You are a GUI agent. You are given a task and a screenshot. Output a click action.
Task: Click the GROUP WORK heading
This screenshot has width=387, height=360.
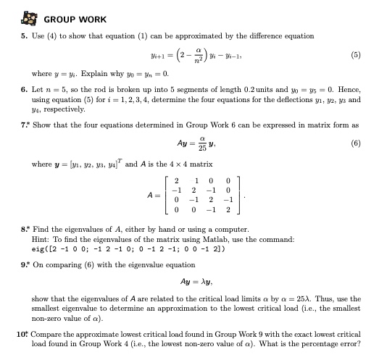point(75,19)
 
